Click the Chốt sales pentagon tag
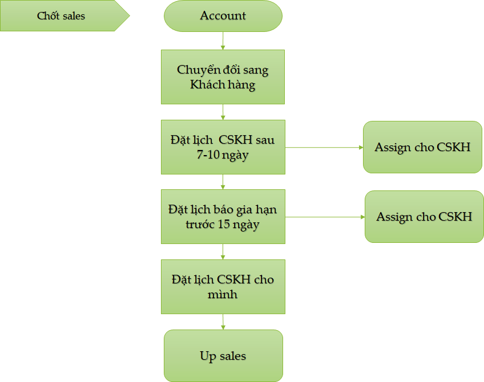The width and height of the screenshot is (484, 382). point(61,16)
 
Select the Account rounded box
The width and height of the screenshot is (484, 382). point(223,16)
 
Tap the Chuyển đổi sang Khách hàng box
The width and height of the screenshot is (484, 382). point(223,77)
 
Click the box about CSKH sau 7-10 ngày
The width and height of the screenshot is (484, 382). point(223,147)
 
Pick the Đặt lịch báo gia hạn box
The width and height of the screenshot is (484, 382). point(223,217)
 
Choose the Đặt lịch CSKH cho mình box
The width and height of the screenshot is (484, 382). point(223,287)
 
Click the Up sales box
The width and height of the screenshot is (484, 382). point(223,356)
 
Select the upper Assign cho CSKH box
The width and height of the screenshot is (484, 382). point(422,147)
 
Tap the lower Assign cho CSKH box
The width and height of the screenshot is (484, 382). point(424,217)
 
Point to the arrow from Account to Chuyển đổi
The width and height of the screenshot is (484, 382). point(223,40)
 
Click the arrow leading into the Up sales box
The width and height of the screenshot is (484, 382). point(223,322)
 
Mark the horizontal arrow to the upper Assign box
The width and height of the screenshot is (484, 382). point(324,147)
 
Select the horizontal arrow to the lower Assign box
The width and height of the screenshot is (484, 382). point(325,217)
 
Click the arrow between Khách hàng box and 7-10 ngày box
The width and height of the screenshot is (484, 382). point(223,112)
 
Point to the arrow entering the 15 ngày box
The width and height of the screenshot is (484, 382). point(223,181)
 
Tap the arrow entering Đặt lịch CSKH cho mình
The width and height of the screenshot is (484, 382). point(223,251)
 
